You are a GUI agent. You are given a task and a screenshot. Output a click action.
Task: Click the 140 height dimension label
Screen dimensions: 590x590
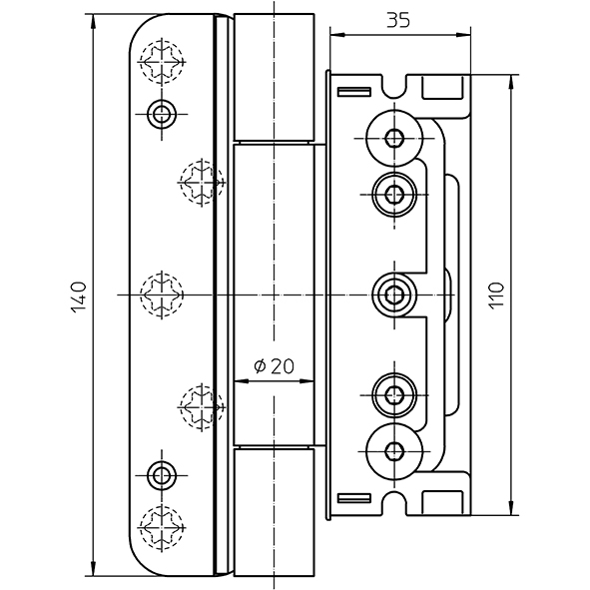click(78, 296)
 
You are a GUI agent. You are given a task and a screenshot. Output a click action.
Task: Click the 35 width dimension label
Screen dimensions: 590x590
click(398, 20)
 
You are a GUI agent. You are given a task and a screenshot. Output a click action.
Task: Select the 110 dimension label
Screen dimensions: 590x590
click(496, 296)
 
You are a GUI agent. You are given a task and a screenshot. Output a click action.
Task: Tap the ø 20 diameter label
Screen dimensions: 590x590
click(274, 365)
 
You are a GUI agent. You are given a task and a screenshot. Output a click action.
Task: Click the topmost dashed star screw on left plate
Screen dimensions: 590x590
click(162, 62)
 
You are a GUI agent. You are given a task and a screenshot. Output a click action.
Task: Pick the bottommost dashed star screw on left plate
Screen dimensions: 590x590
click(162, 528)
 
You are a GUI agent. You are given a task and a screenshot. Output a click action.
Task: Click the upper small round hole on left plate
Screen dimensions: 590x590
click(162, 114)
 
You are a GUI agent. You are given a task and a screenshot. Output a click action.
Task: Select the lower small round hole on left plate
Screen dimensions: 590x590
click(162, 476)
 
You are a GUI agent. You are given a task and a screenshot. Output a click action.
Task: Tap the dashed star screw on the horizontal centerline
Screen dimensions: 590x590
click(162, 295)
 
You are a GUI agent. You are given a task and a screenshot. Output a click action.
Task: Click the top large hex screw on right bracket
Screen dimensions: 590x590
click(394, 138)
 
